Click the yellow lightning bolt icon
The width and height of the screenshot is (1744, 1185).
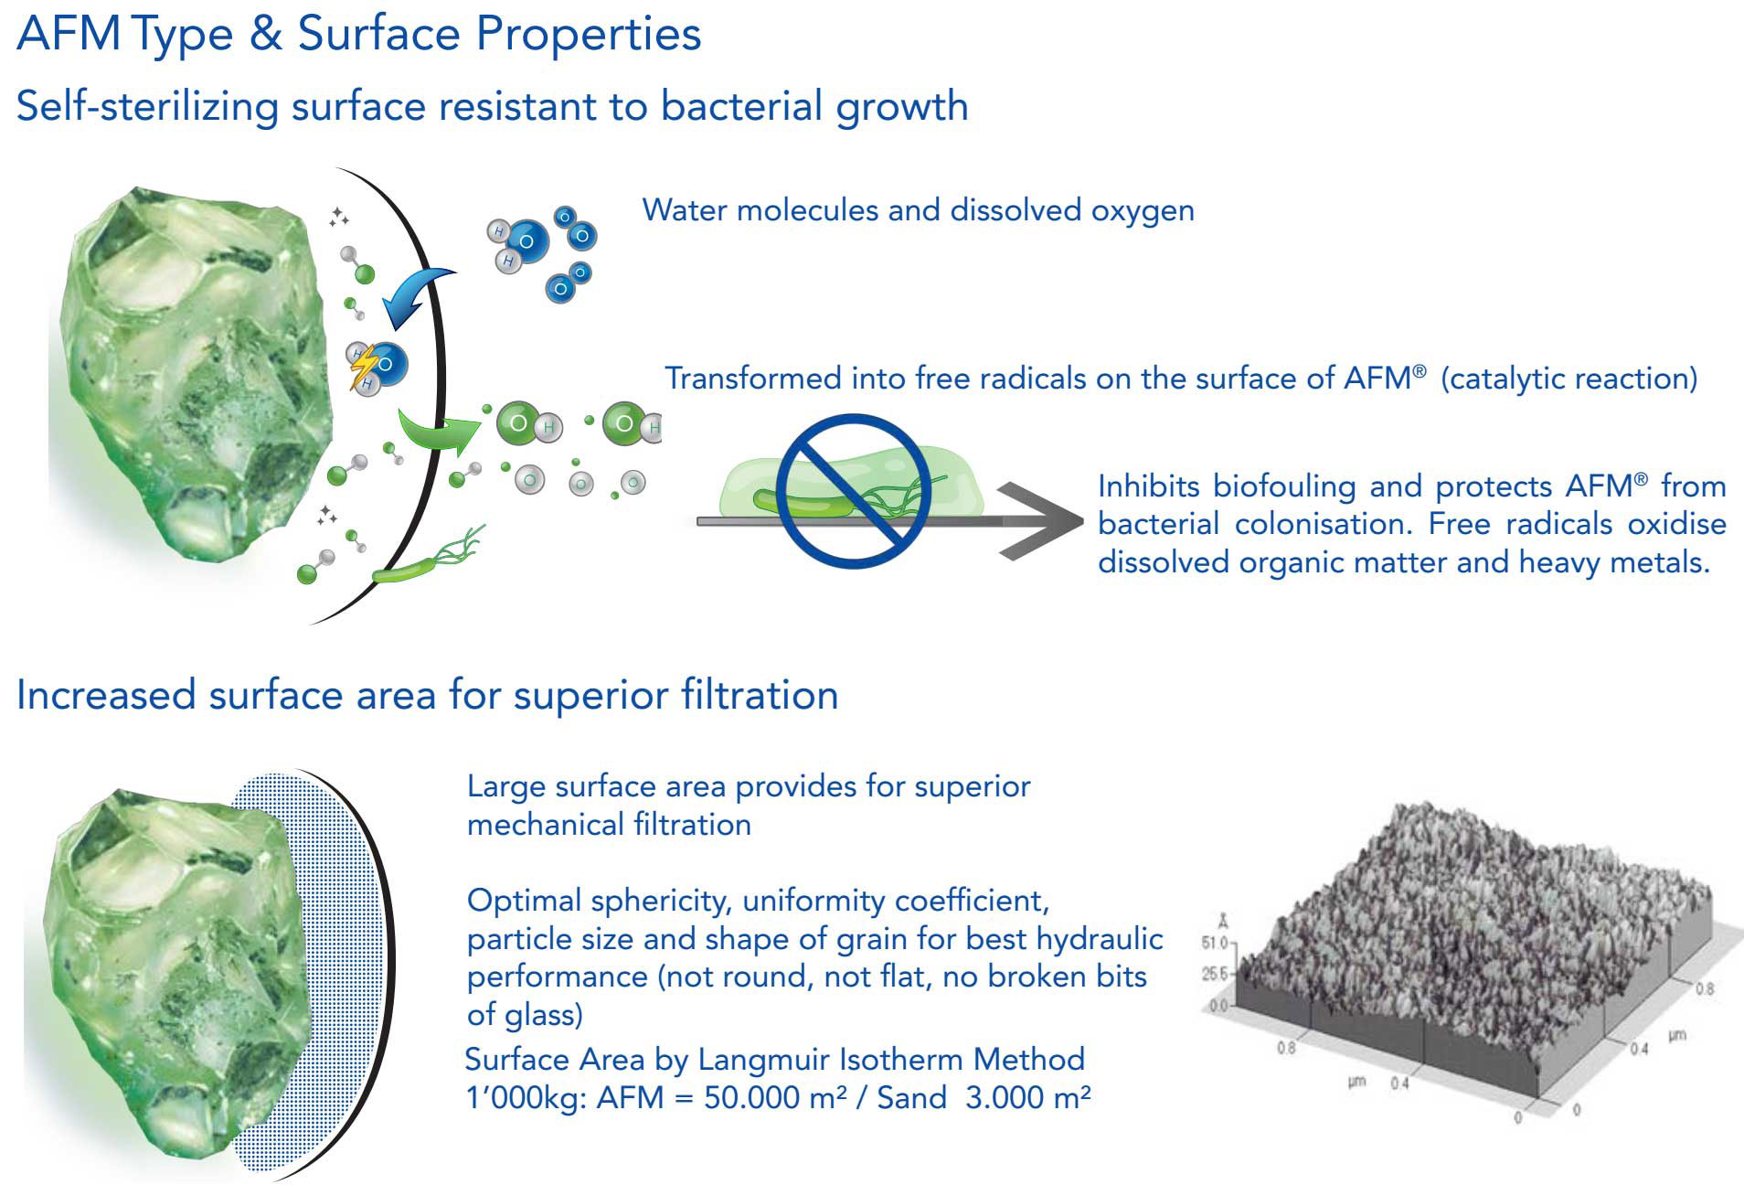point(365,365)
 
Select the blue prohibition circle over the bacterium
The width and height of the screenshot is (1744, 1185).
point(853,490)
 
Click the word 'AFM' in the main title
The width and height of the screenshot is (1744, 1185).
point(69,34)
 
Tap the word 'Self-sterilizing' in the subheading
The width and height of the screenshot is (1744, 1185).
point(146,106)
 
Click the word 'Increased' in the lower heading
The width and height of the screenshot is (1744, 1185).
point(106,695)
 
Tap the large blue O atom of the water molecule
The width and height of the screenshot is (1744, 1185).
point(527,241)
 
